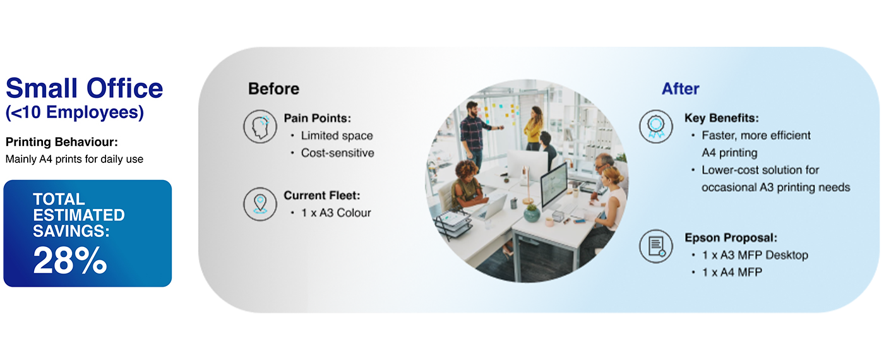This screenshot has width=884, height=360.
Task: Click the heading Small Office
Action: (84, 88)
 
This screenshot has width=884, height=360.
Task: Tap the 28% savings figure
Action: (70, 260)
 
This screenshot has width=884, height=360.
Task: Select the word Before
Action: (273, 89)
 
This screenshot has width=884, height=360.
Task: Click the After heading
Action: (681, 89)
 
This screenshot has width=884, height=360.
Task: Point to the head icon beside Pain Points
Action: (260, 126)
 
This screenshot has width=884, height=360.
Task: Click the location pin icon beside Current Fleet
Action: (260, 203)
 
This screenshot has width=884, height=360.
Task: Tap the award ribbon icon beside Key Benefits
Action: (656, 126)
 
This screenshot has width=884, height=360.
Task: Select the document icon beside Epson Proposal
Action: (656, 246)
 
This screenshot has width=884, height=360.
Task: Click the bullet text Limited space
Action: (337, 135)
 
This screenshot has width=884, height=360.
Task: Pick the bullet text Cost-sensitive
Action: (337, 153)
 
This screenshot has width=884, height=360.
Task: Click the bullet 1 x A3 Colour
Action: (336, 213)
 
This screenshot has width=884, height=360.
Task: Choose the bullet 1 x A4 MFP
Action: (732, 272)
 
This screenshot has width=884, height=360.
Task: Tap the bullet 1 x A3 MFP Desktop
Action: (755, 255)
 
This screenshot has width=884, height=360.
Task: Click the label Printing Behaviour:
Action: (62, 141)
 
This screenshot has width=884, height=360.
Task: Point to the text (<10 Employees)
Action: (75, 112)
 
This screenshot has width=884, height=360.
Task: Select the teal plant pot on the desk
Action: (532, 213)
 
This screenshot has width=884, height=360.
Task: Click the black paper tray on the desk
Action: (454, 224)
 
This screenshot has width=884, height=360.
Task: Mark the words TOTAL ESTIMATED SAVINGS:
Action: (78, 215)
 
